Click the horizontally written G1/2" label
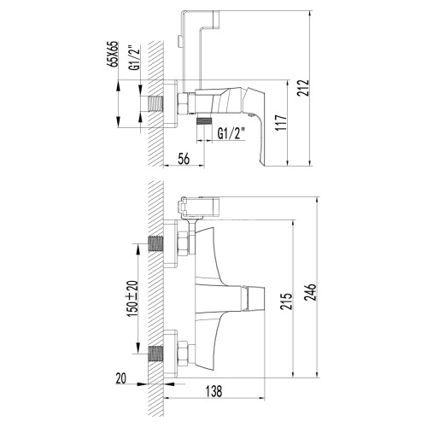click(x=231, y=133)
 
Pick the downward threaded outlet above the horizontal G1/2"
click(x=203, y=122)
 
